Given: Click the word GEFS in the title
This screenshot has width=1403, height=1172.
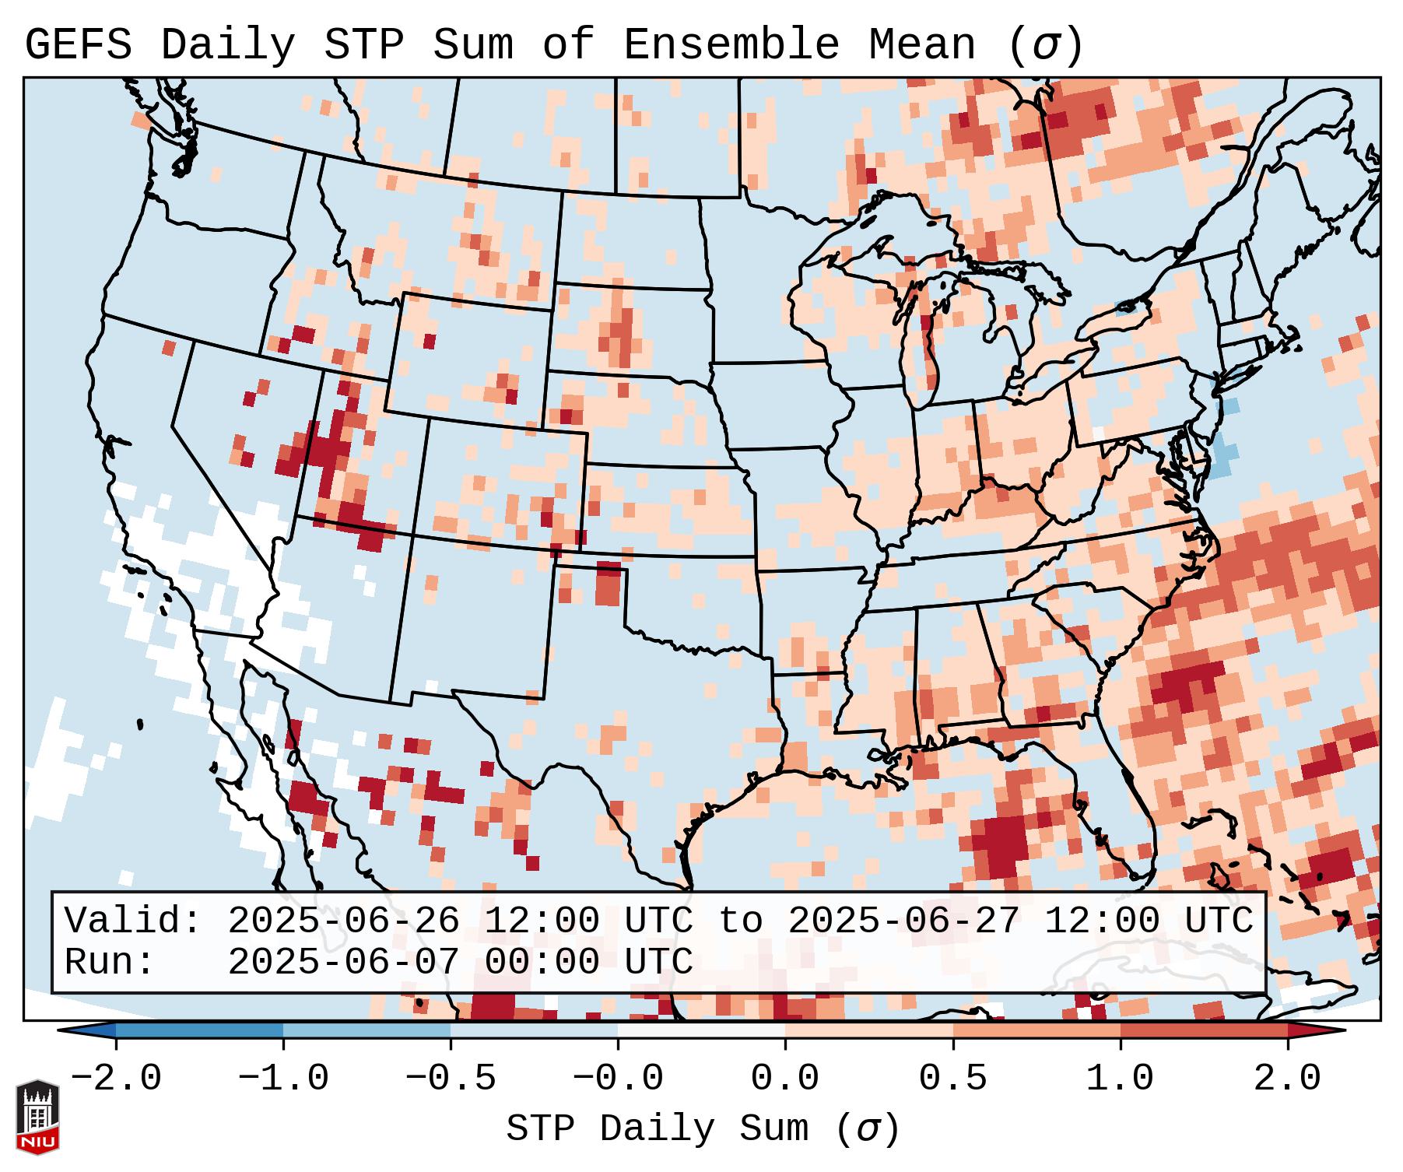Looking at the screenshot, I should pos(78,45).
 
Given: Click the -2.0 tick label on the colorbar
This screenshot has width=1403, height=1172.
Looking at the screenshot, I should pos(116,1079).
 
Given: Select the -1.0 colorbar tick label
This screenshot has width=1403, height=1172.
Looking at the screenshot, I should pos(283,1079).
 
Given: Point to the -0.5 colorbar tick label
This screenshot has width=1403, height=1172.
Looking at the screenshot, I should pos(451,1079).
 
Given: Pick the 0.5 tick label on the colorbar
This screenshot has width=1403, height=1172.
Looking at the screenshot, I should pos(952,1079).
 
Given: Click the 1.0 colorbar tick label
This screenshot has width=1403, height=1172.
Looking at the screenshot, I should pos(1120,1079).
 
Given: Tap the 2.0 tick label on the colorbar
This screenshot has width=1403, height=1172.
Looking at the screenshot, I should pos(1288,1079).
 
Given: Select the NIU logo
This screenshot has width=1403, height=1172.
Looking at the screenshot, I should pos(37,1117).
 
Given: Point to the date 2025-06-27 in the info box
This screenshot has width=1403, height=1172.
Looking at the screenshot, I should pos(903,921).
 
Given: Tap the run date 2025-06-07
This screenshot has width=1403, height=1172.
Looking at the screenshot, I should pos(343,962).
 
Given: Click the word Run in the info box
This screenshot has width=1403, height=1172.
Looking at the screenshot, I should pos(109,962).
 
